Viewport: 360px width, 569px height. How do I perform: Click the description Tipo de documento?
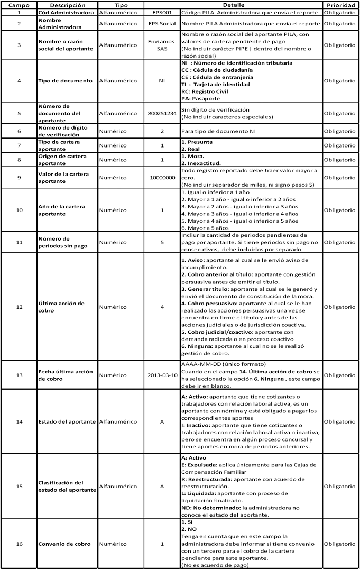click(66, 81)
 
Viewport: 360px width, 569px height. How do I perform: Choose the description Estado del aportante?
click(67, 421)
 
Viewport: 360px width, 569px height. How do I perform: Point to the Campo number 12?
click(19, 307)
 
